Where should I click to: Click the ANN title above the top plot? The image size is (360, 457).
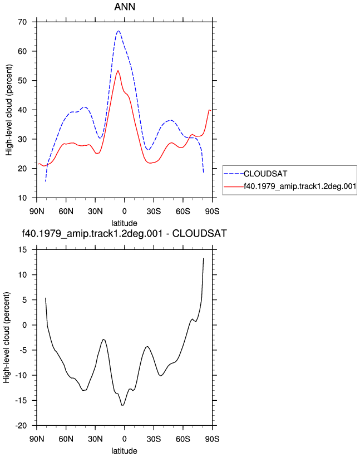[x=125, y=7]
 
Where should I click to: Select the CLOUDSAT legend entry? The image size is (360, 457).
[x=265, y=174]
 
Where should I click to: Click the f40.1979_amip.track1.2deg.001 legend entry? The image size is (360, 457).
[x=300, y=186]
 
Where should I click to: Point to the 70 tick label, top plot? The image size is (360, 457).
[x=22, y=22]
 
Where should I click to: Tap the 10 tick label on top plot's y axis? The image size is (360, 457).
[x=22, y=198]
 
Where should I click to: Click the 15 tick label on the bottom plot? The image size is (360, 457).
[x=22, y=249]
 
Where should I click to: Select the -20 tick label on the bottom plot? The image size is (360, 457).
[x=21, y=425]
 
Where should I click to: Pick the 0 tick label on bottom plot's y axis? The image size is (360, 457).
[x=24, y=325]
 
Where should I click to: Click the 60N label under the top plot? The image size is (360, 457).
[x=66, y=212]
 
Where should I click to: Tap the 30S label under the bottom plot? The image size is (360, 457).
[x=154, y=439]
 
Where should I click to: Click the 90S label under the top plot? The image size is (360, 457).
[x=212, y=212]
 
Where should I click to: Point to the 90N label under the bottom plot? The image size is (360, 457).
[x=37, y=439]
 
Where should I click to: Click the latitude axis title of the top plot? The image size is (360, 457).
[x=125, y=223]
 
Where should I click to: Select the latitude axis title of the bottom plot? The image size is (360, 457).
[x=125, y=451]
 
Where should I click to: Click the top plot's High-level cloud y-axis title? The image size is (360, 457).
[x=9, y=110]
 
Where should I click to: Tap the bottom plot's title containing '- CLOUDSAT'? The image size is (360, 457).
[x=125, y=233]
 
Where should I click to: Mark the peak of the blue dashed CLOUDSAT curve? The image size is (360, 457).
[x=119, y=31]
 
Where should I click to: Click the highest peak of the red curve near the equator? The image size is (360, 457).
[x=118, y=71]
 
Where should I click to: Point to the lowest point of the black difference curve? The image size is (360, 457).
[x=122, y=405]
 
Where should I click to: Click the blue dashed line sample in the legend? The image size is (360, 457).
[x=234, y=174]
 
